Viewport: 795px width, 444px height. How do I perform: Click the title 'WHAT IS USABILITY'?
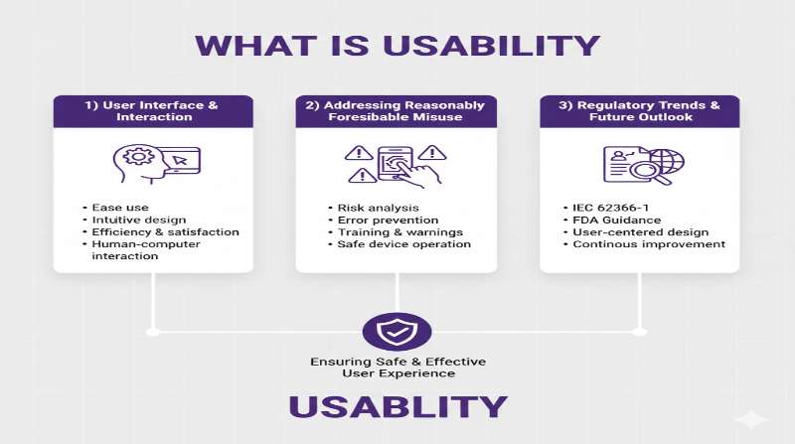pos(397,46)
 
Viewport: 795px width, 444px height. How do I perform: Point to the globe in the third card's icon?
pos(664,161)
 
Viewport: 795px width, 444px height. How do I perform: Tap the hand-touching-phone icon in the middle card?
pos(397,166)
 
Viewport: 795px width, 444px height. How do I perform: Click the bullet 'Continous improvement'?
pos(649,244)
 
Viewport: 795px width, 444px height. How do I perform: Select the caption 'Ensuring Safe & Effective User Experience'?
pos(397,367)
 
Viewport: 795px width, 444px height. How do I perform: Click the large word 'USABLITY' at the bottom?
pos(397,407)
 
